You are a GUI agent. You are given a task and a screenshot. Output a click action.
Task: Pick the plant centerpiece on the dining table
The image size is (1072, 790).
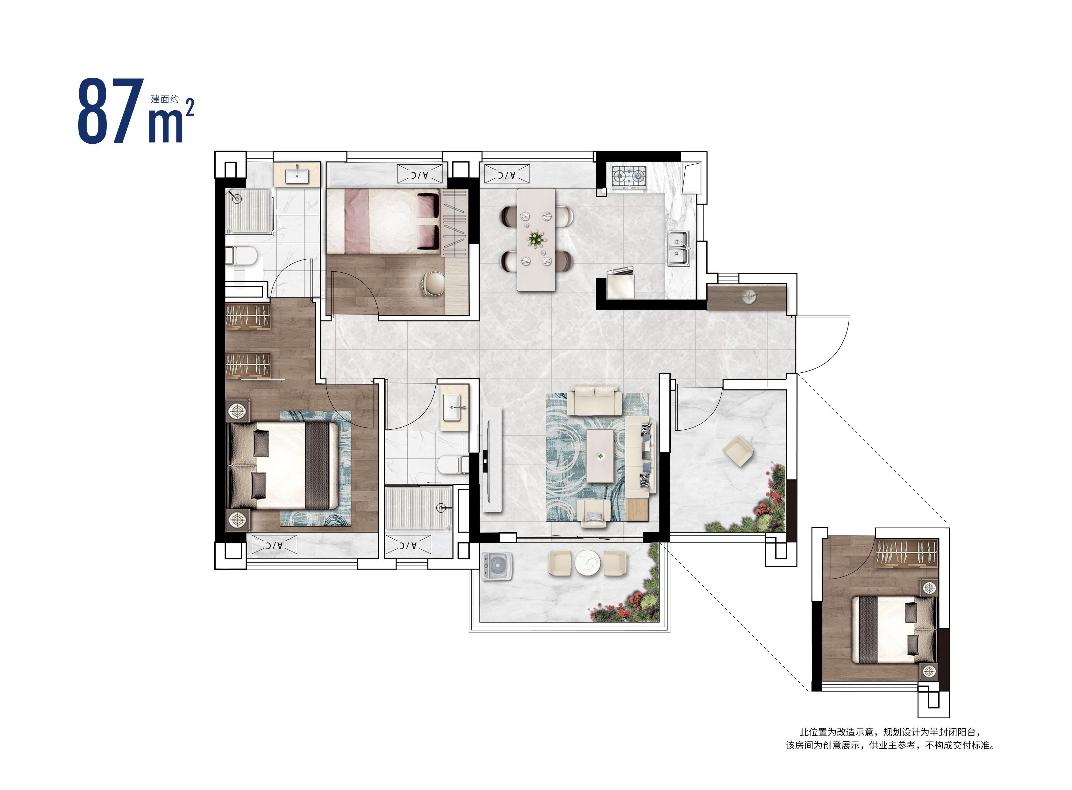tap(536, 238)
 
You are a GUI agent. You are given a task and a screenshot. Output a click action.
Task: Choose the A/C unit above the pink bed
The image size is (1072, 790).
tap(420, 174)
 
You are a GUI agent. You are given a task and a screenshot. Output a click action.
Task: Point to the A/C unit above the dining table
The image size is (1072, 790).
tap(507, 174)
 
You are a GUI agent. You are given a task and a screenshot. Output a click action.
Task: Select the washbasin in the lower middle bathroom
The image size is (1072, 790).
tap(453, 407)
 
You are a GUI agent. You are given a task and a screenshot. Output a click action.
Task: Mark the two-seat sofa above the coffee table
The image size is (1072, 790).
tap(594, 400)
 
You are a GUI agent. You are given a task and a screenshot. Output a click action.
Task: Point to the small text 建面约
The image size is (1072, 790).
tap(165, 99)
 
